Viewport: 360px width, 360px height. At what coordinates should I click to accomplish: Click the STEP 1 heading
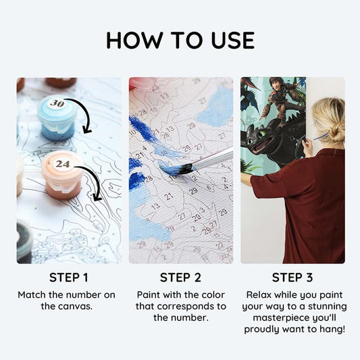(x=69, y=278)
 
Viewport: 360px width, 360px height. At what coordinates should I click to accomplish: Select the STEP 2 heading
(x=180, y=278)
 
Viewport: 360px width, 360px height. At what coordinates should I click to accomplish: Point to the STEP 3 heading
(x=292, y=278)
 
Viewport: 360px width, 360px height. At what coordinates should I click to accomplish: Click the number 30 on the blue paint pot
(x=57, y=103)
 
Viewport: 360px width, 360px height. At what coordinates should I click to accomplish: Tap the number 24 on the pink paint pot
(x=62, y=164)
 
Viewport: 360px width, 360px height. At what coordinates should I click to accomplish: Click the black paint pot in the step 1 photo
(x=24, y=242)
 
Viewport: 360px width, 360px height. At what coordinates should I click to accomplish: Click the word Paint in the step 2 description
(x=149, y=294)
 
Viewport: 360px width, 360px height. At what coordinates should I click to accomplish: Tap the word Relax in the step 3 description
(x=259, y=294)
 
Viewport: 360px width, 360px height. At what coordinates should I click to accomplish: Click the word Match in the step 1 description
(x=32, y=294)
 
